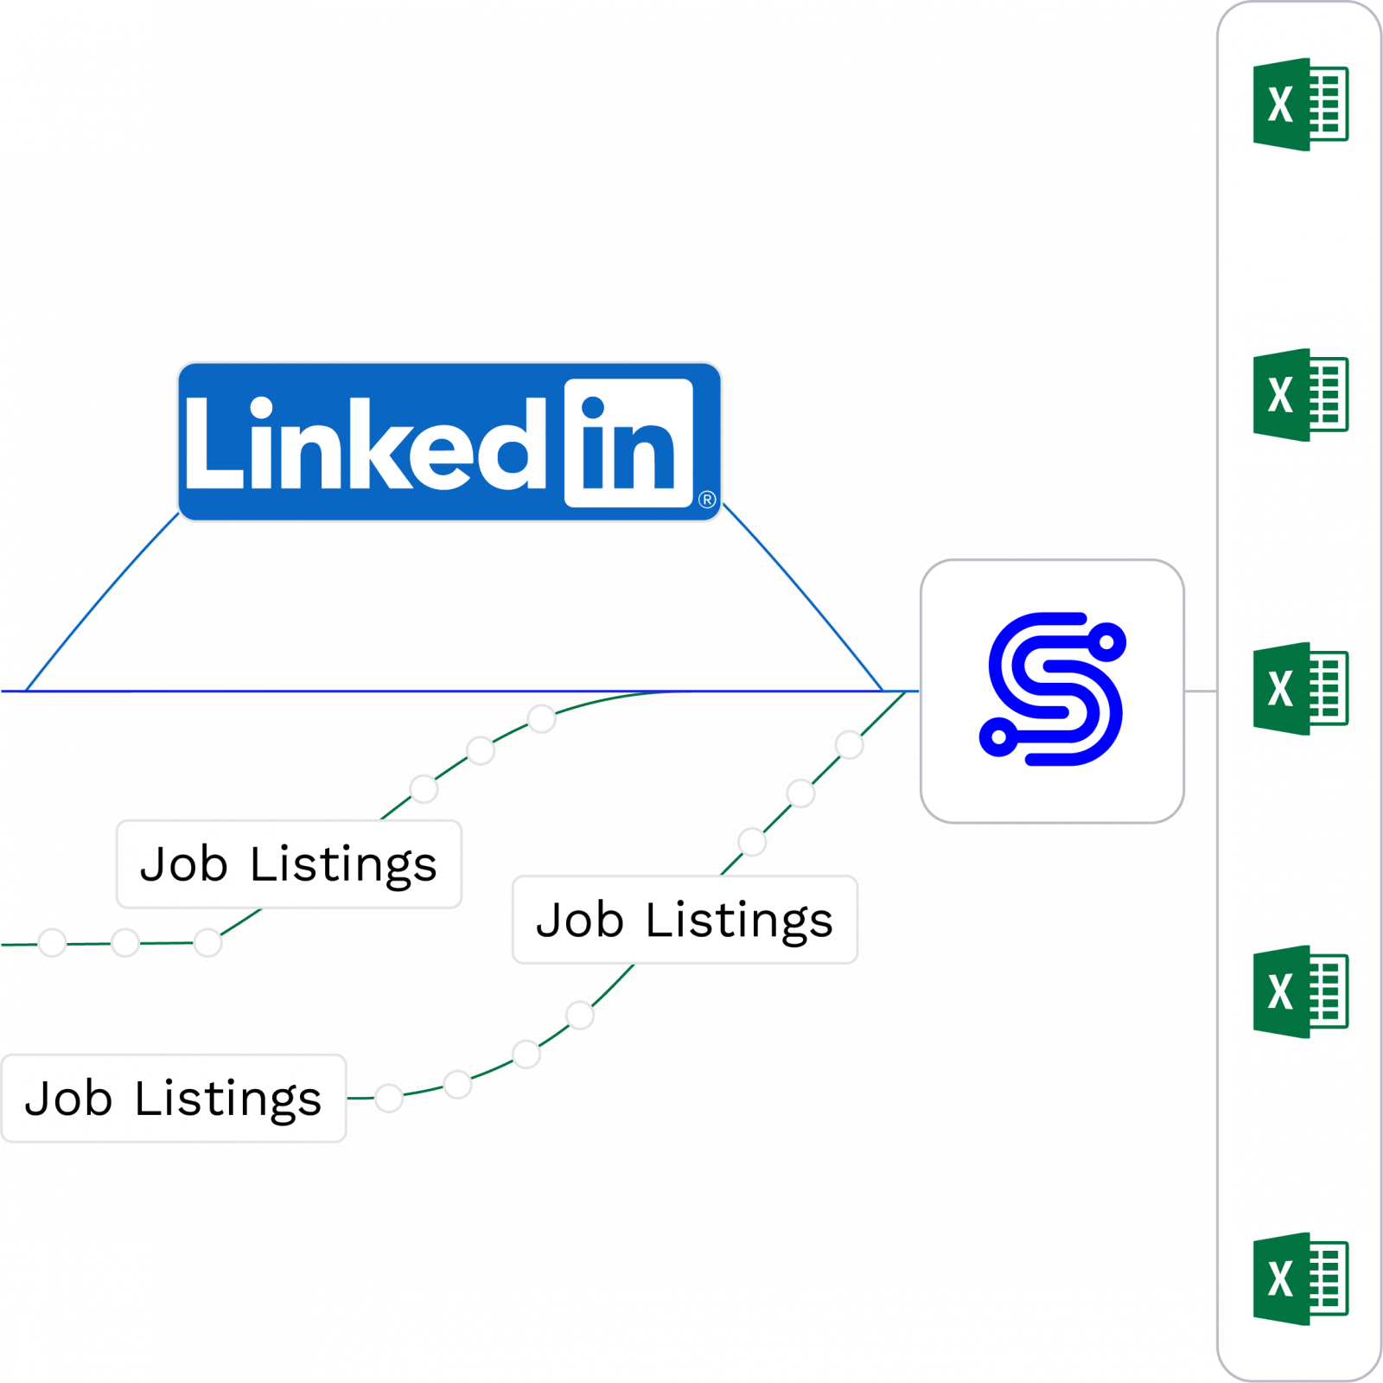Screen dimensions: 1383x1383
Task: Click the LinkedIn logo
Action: [x=449, y=442]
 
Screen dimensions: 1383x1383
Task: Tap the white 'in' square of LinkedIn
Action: [x=628, y=443]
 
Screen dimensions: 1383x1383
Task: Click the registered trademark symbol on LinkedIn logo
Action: [x=707, y=500]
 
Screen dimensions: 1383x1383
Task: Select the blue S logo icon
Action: [x=1052, y=689]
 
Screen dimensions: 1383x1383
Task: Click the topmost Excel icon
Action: [x=1300, y=105]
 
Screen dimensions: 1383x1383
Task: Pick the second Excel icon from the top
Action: [x=1300, y=395]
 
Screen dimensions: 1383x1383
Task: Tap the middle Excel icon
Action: [x=1300, y=689]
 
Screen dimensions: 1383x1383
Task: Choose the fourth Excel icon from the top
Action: [x=1300, y=991]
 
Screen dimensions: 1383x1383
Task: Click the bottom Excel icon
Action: [x=1300, y=1278]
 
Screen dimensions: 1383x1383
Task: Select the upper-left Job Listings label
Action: [x=289, y=864]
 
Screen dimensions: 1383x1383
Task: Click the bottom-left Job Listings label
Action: [x=174, y=1098]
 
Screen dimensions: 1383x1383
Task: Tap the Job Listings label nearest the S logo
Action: [x=685, y=919]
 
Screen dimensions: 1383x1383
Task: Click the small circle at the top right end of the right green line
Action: [x=850, y=744]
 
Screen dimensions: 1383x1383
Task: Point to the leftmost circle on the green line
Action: [x=52, y=942]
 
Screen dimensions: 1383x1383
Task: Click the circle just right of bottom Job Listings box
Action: [x=389, y=1098]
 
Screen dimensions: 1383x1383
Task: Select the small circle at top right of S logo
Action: [x=1106, y=641]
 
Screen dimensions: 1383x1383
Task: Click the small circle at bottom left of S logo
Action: [x=999, y=736]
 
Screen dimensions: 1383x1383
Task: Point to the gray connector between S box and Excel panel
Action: [x=1201, y=691]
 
